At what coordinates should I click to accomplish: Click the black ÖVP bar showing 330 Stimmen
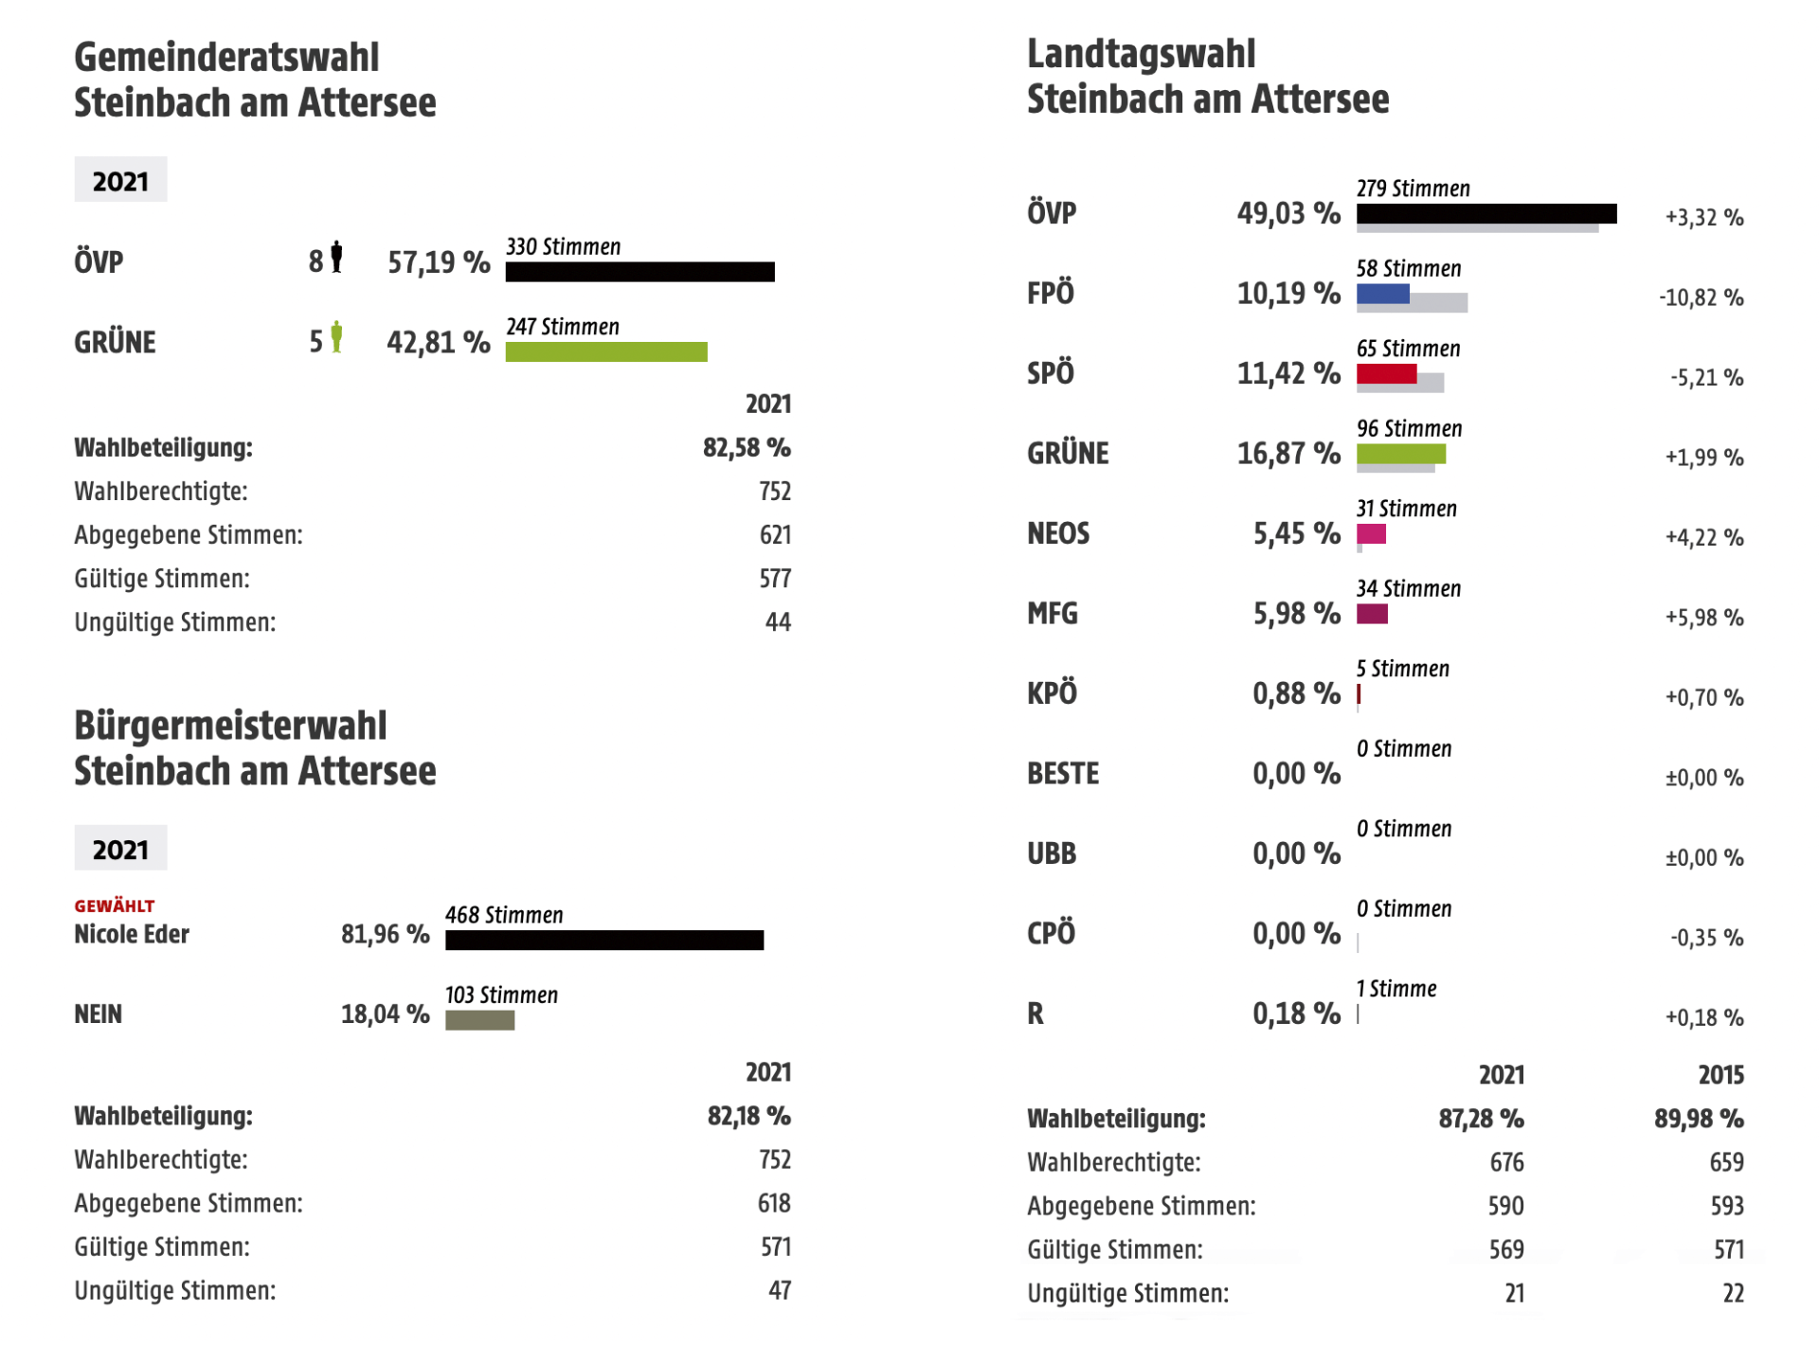point(639,272)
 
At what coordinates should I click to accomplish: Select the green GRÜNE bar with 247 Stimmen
point(606,352)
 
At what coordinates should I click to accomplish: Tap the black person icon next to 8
point(336,258)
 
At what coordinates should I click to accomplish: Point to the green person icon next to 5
point(336,338)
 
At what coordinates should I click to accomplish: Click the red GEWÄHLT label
point(114,906)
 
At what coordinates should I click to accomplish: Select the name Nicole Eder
point(132,935)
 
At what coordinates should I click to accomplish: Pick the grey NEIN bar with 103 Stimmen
point(479,1020)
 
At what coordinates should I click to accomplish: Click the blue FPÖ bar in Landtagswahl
point(1382,294)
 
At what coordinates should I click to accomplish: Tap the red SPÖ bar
point(1386,374)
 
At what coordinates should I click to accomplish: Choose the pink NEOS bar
point(1371,534)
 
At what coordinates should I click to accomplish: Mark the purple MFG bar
point(1372,614)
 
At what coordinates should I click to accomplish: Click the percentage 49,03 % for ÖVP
point(1288,214)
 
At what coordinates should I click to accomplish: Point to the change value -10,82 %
point(1701,298)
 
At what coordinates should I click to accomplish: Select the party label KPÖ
point(1052,694)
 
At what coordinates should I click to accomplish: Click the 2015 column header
point(1720,1075)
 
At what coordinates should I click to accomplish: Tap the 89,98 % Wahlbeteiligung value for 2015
point(1699,1120)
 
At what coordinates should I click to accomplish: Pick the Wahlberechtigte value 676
point(1506,1163)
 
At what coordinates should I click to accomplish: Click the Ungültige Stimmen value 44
point(778,622)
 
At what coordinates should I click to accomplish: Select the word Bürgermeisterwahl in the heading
point(230,727)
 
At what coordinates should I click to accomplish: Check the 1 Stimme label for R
point(1396,990)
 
